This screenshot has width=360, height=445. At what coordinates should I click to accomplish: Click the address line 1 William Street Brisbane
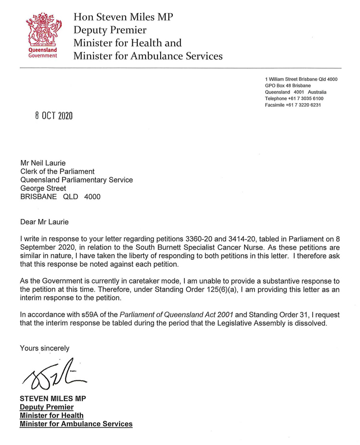pos(301,79)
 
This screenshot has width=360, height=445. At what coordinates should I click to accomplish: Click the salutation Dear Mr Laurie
pos(44,222)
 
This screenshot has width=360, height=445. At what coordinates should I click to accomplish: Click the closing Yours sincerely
pos(44,348)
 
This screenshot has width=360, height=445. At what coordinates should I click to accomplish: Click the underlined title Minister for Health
pos(52,415)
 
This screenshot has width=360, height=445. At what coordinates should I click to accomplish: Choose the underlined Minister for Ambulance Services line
pos(76,424)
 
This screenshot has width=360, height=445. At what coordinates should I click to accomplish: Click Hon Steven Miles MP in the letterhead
pos(123,18)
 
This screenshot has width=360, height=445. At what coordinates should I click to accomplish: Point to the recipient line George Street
pos(43,188)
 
